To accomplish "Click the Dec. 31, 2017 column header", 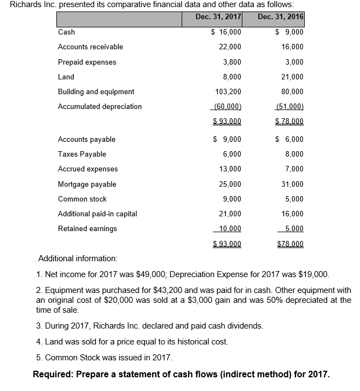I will tap(218, 16).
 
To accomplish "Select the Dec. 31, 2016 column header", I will tap(280, 16).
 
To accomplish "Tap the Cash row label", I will tap(66, 32).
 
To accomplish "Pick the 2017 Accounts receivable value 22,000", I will tap(230, 47).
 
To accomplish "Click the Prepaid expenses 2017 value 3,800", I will tap(232, 62).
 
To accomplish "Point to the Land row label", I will tap(66, 77).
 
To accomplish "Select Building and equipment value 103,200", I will tap(228, 91).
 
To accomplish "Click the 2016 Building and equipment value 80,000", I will tap(292, 91).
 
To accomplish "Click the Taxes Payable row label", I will tap(82, 154).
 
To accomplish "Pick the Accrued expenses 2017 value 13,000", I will tap(230, 169).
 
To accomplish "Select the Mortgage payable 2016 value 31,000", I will tap(292, 185).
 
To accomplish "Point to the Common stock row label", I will tap(82, 199).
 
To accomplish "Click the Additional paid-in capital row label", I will tap(97, 214).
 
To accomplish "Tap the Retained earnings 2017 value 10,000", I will tap(230, 228).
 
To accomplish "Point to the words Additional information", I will tap(77, 258).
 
